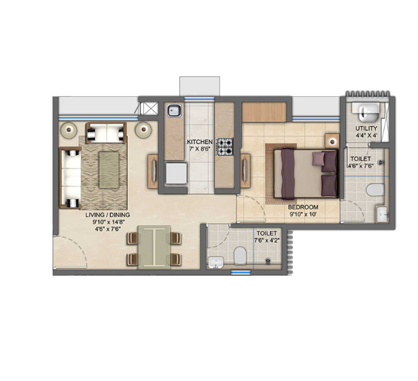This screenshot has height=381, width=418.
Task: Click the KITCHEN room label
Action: (200, 142)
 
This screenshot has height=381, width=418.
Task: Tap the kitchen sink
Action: (174, 110)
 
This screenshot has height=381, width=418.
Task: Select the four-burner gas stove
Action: (225, 147)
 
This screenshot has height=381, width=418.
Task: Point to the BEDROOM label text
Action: (303, 207)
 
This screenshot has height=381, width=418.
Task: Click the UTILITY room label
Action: (366, 128)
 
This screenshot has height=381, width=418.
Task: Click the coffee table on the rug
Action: (109, 170)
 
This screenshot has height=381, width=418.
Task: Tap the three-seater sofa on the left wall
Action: (70, 178)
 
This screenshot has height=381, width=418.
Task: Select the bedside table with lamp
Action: (332, 141)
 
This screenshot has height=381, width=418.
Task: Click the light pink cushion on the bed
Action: (318, 159)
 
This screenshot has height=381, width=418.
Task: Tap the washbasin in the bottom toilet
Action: (216, 263)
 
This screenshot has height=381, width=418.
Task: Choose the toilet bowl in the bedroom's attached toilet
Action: (375, 190)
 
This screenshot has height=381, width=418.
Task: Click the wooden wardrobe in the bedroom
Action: (264, 112)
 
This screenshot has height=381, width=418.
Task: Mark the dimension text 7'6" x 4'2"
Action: (266, 240)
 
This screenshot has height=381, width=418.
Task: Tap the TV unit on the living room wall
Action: (153, 172)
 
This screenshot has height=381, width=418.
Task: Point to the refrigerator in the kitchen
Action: (176, 173)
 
